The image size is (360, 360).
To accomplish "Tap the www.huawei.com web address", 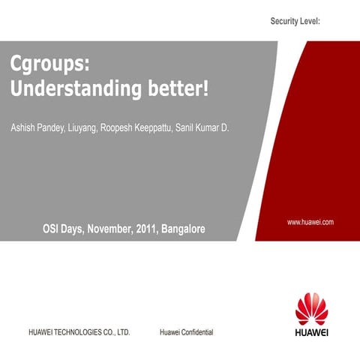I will [x=310, y=222].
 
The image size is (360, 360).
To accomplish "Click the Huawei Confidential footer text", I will [x=187, y=331].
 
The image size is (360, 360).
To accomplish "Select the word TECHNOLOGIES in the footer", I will [x=82, y=331].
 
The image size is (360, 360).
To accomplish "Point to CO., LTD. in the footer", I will [x=120, y=331].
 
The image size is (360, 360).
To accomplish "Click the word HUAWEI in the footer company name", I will [x=43, y=331].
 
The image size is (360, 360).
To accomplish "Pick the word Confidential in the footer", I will [x=199, y=331].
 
